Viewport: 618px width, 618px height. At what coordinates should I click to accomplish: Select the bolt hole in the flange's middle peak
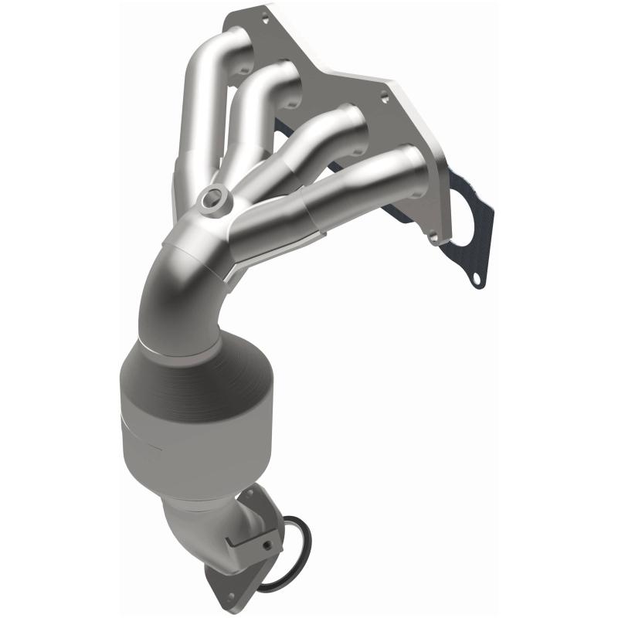pos(383,98)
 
